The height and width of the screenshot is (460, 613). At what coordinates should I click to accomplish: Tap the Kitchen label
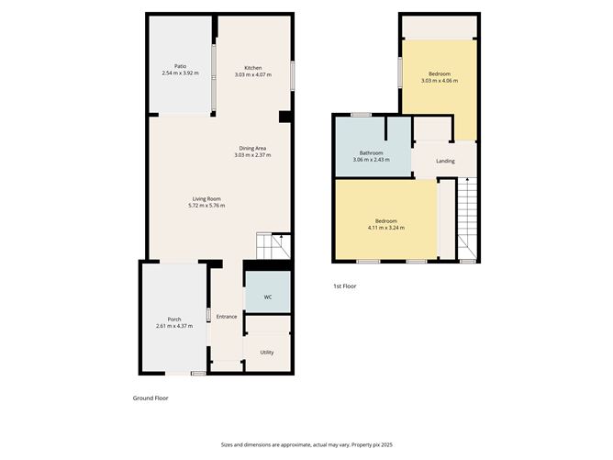coord(252,67)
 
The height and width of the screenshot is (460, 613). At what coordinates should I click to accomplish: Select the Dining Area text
coord(252,148)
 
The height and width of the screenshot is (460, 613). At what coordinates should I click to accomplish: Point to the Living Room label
coord(206,199)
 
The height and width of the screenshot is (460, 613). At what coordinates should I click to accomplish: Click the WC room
coord(268,297)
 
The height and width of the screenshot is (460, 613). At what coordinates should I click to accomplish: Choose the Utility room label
coord(267,352)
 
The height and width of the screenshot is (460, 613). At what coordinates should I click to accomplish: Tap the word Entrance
coord(227,317)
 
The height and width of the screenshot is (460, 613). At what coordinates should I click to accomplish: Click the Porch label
coord(174,320)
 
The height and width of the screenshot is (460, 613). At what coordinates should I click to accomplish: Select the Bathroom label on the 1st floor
coord(371,152)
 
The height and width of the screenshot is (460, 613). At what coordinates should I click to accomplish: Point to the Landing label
coord(445,162)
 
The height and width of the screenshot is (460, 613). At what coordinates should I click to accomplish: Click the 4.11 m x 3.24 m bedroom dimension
coord(385,227)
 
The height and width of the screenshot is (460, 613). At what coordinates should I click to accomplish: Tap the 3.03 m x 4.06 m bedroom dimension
coord(439,81)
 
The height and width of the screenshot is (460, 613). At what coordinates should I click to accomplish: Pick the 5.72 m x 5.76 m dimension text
coord(206,206)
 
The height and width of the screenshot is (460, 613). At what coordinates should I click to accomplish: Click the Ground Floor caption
coord(151,398)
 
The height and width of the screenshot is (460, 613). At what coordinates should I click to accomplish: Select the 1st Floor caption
coord(345,286)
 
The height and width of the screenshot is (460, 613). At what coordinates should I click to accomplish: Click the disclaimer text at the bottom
coord(306,443)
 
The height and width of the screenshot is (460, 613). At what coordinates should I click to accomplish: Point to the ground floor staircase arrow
coord(282,241)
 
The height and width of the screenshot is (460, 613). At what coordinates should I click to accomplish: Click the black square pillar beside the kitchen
coord(284,117)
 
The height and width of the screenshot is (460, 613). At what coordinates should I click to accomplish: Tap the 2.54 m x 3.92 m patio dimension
coord(180,73)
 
